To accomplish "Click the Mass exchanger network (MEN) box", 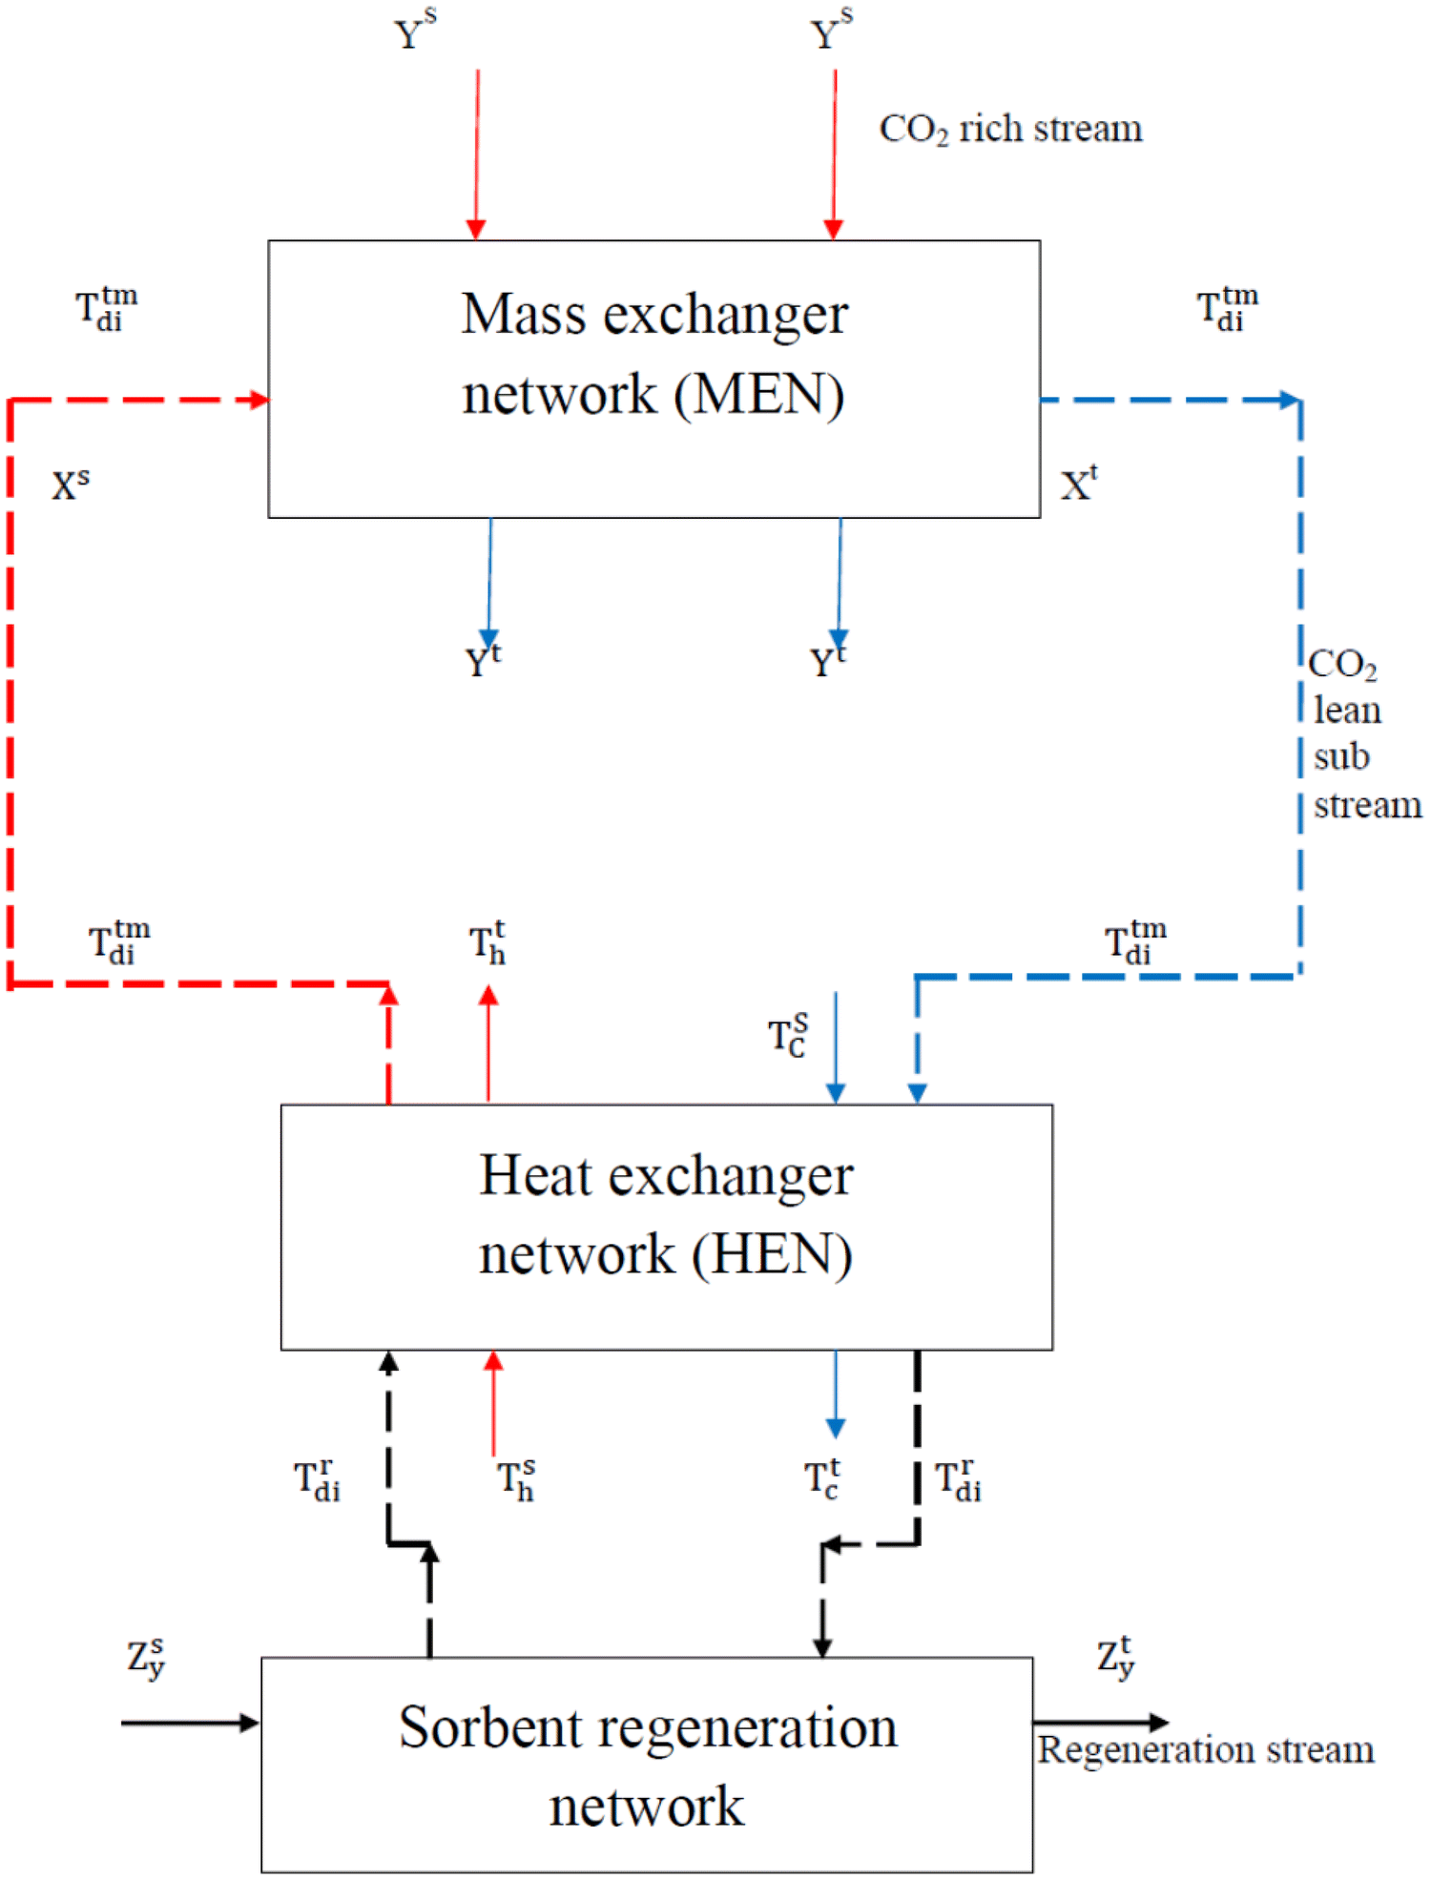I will [653, 379].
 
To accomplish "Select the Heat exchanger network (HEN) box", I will [666, 1226].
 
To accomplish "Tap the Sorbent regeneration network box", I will [647, 1764].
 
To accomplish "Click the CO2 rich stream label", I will [1010, 129].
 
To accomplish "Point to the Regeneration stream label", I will [1206, 1749].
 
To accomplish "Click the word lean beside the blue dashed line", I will [1347, 711].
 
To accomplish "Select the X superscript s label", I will [71, 485].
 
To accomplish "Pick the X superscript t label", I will [1079, 484].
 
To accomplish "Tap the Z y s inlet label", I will [146, 1658].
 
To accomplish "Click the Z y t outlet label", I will [1115, 1658].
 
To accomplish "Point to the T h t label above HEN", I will [487, 943].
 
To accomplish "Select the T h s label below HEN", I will [516, 1479].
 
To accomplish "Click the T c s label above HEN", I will [788, 1035].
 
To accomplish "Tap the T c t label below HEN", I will [821, 1479].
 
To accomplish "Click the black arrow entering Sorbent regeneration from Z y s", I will [190, 1722].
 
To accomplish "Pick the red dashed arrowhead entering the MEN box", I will [258, 400].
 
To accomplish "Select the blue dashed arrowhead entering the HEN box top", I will [917, 1092].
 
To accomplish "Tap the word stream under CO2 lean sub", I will [1367, 806].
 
